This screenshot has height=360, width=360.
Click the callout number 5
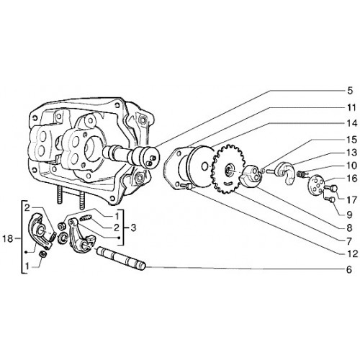click(350, 91)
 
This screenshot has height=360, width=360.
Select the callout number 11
click(351, 108)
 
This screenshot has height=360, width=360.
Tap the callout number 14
click(352, 123)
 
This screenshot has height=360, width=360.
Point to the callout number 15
click(352, 140)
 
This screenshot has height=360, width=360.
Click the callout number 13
click(352, 153)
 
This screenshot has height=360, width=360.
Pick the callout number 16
click(352, 179)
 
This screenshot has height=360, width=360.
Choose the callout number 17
click(352, 200)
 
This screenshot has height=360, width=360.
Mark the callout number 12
click(352, 253)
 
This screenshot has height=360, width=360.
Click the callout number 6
click(349, 269)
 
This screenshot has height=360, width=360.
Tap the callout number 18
click(8, 239)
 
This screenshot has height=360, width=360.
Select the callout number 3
click(132, 228)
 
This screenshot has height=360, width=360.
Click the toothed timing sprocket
click(228, 169)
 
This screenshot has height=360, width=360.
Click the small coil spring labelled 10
click(300, 174)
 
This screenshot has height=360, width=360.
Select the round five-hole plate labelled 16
click(315, 185)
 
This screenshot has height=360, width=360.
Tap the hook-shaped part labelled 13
click(286, 173)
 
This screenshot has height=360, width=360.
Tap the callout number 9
click(349, 215)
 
